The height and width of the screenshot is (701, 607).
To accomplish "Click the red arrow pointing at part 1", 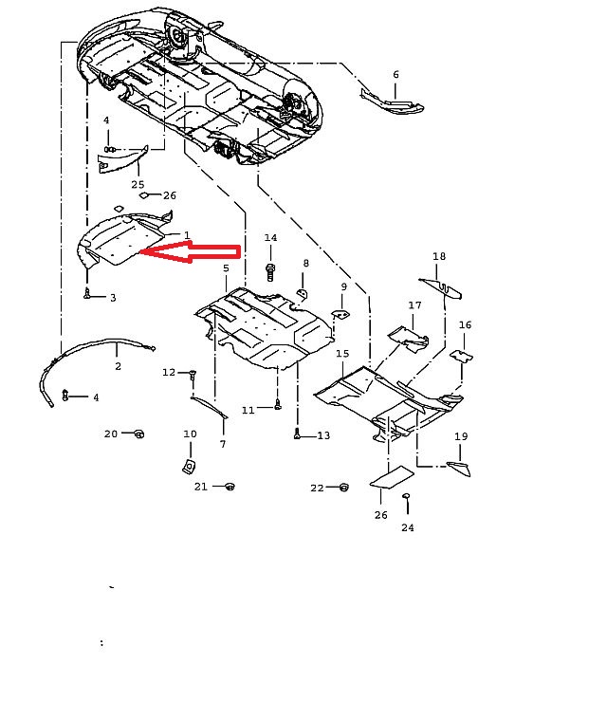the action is pyautogui.click(x=192, y=251).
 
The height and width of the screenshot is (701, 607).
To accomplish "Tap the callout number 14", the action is pyautogui.click(x=270, y=238).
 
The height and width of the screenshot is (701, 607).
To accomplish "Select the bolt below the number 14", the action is pyautogui.click(x=270, y=272).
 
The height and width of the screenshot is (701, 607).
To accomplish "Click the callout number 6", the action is pyautogui.click(x=395, y=75).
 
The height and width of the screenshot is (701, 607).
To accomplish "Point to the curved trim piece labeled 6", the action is pyautogui.click(x=392, y=102).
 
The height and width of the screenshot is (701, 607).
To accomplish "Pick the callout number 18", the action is pyautogui.click(x=439, y=256).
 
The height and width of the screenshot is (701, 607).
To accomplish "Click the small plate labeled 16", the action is pyautogui.click(x=461, y=357).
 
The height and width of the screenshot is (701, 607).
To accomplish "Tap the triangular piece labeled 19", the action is pyautogui.click(x=459, y=469).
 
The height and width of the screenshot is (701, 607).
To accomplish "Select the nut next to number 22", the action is pyautogui.click(x=343, y=487).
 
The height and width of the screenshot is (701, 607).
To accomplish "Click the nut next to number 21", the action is pyautogui.click(x=230, y=486).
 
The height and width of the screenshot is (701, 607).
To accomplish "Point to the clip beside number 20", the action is pyautogui.click(x=139, y=434).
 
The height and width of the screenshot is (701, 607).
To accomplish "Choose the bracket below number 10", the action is pyautogui.click(x=190, y=467).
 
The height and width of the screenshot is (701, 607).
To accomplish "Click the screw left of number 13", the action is pyautogui.click(x=297, y=434).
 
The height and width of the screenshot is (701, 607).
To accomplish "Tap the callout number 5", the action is pyautogui.click(x=226, y=268).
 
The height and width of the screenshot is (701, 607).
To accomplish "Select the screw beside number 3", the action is pyautogui.click(x=87, y=293).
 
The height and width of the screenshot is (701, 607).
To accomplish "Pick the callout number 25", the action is pyautogui.click(x=138, y=184).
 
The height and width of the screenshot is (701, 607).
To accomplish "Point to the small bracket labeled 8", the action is pyautogui.click(x=303, y=293).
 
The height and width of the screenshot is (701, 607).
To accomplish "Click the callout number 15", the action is pyautogui.click(x=342, y=353).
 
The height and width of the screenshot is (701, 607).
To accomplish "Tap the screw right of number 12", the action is pyautogui.click(x=193, y=375).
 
